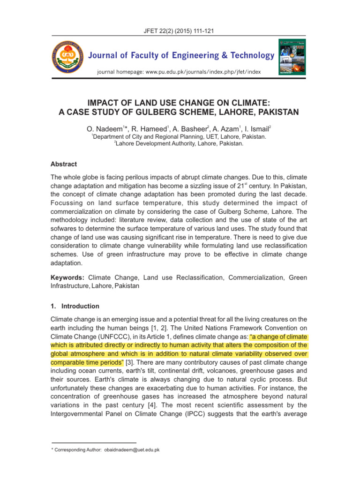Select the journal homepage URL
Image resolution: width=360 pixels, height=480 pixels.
click(179, 72)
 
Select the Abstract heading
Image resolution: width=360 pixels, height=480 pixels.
click(63, 165)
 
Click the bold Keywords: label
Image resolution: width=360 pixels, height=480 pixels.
click(68, 277)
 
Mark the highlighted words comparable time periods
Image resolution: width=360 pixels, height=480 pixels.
click(86, 362)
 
